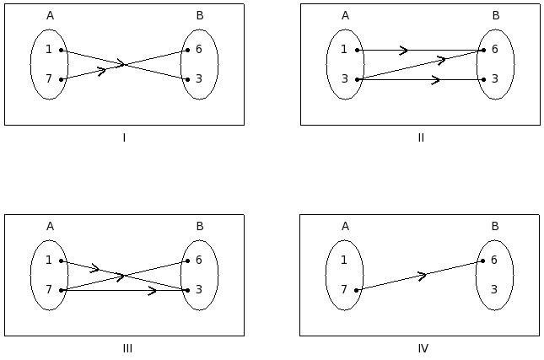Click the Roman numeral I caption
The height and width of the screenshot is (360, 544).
point(124,137)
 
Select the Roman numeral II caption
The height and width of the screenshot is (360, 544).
point(421,137)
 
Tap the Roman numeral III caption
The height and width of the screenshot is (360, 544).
point(127,348)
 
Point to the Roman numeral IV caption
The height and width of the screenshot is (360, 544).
point(423,348)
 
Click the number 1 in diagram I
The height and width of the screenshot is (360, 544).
point(49,50)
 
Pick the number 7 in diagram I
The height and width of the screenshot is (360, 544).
point(49,78)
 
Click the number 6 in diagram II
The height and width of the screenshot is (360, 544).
point(495,50)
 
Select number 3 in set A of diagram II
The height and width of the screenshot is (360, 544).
point(344,78)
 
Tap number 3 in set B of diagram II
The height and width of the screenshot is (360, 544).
point(495,78)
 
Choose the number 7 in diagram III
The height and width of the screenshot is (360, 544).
point(49,289)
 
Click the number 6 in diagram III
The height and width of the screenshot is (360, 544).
point(199,261)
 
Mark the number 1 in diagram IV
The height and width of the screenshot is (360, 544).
point(344,261)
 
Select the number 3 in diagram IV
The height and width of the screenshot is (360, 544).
point(495,289)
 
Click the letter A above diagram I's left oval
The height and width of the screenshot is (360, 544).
point(50,15)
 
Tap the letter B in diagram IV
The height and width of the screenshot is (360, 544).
point(495,226)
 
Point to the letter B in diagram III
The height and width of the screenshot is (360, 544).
point(200,226)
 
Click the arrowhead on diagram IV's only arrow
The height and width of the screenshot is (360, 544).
point(423,274)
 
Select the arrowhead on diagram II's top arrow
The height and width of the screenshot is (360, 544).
point(404,50)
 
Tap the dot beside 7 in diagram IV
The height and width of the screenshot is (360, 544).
point(357,290)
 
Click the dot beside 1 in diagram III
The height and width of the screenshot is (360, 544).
point(62,261)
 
